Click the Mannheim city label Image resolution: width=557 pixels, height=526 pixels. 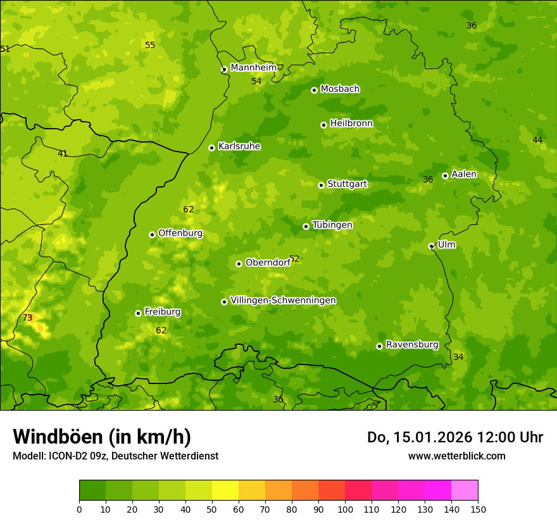(x=253, y=68)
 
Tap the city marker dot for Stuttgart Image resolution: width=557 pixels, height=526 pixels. (x=321, y=185)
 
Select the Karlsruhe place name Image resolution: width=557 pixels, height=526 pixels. (x=239, y=146)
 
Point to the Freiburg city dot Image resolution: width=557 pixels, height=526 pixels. (x=138, y=313)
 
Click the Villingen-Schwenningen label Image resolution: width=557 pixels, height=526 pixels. (x=283, y=300)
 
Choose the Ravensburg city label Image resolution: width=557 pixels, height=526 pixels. (x=411, y=345)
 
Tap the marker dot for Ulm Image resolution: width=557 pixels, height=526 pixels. (x=431, y=246)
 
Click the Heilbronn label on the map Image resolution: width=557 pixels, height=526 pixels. (x=351, y=124)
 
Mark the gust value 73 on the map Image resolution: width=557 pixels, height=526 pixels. (x=27, y=318)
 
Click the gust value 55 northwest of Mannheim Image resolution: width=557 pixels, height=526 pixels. (x=150, y=45)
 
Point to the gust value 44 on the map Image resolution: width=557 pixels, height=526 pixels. (x=537, y=140)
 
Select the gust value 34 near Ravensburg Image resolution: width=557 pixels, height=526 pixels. (x=458, y=357)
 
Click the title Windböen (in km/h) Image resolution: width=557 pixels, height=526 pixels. (x=102, y=437)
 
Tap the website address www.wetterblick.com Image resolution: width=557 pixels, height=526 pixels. (x=456, y=456)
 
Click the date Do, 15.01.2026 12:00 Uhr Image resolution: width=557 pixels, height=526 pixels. (x=454, y=437)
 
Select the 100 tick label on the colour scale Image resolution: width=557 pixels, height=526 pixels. (x=345, y=509)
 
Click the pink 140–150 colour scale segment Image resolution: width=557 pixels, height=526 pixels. (x=465, y=491)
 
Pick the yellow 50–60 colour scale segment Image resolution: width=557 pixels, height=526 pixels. (x=225, y=491)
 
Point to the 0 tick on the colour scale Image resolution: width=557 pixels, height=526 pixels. (x=79, y=509)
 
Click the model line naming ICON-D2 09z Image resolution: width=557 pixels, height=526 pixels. (x=115, y=456)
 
